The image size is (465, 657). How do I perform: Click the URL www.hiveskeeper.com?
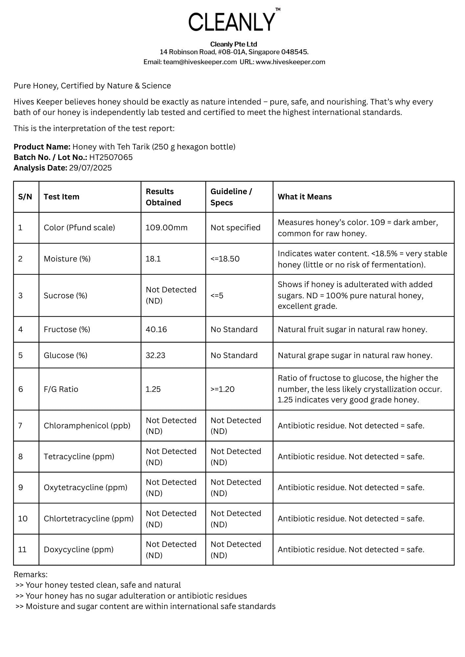290,62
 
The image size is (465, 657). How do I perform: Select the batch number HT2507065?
111,157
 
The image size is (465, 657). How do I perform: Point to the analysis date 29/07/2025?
90,168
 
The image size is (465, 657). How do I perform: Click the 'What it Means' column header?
305,197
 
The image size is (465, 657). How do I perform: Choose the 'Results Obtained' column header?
163,197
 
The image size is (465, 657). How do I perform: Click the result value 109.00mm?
166,228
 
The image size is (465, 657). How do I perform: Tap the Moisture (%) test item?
67,259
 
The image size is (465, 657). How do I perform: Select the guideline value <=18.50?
225,259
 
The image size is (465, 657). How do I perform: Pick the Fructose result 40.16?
156,329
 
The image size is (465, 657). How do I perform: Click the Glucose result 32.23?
155,355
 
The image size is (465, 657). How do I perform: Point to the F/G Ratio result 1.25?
153,389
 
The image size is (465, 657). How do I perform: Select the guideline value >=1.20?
222,389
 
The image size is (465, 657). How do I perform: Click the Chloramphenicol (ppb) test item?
87,426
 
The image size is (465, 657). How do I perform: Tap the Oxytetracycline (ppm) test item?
86,487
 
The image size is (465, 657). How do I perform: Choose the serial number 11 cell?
22,550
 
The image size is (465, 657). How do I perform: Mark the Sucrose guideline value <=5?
217,296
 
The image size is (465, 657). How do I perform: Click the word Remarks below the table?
30,575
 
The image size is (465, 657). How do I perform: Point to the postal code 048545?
294,52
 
